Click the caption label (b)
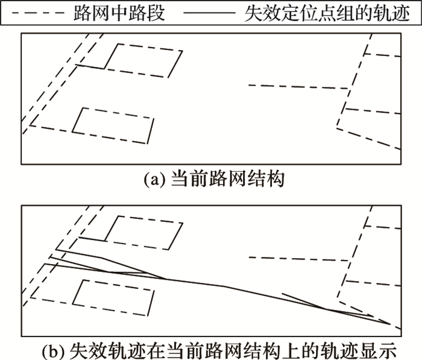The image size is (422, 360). pyautogui.click(x=57, y=349)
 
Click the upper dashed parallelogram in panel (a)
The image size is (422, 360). pyautogui.click(x=143, y=61)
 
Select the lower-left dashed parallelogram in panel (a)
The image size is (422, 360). pyautogui.click(x=113, y=125)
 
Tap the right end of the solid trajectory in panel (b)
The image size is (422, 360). pyautogui.click(x=389, y=324)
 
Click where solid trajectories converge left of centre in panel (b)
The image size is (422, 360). pyautogui.click(x=166, y=279)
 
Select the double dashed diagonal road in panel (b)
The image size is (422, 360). pyautogui.click(x=57, y=253)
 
